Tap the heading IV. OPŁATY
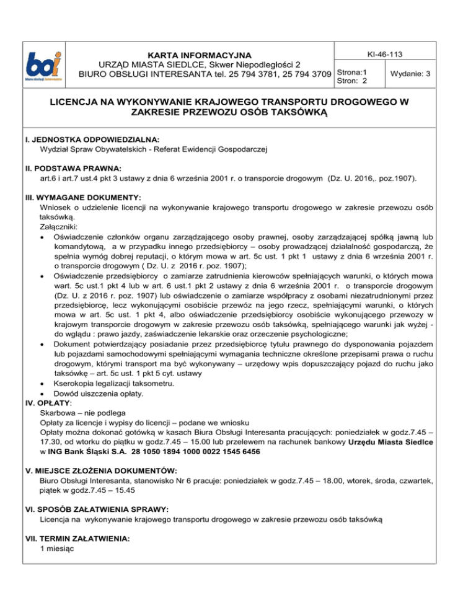(53, 403)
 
